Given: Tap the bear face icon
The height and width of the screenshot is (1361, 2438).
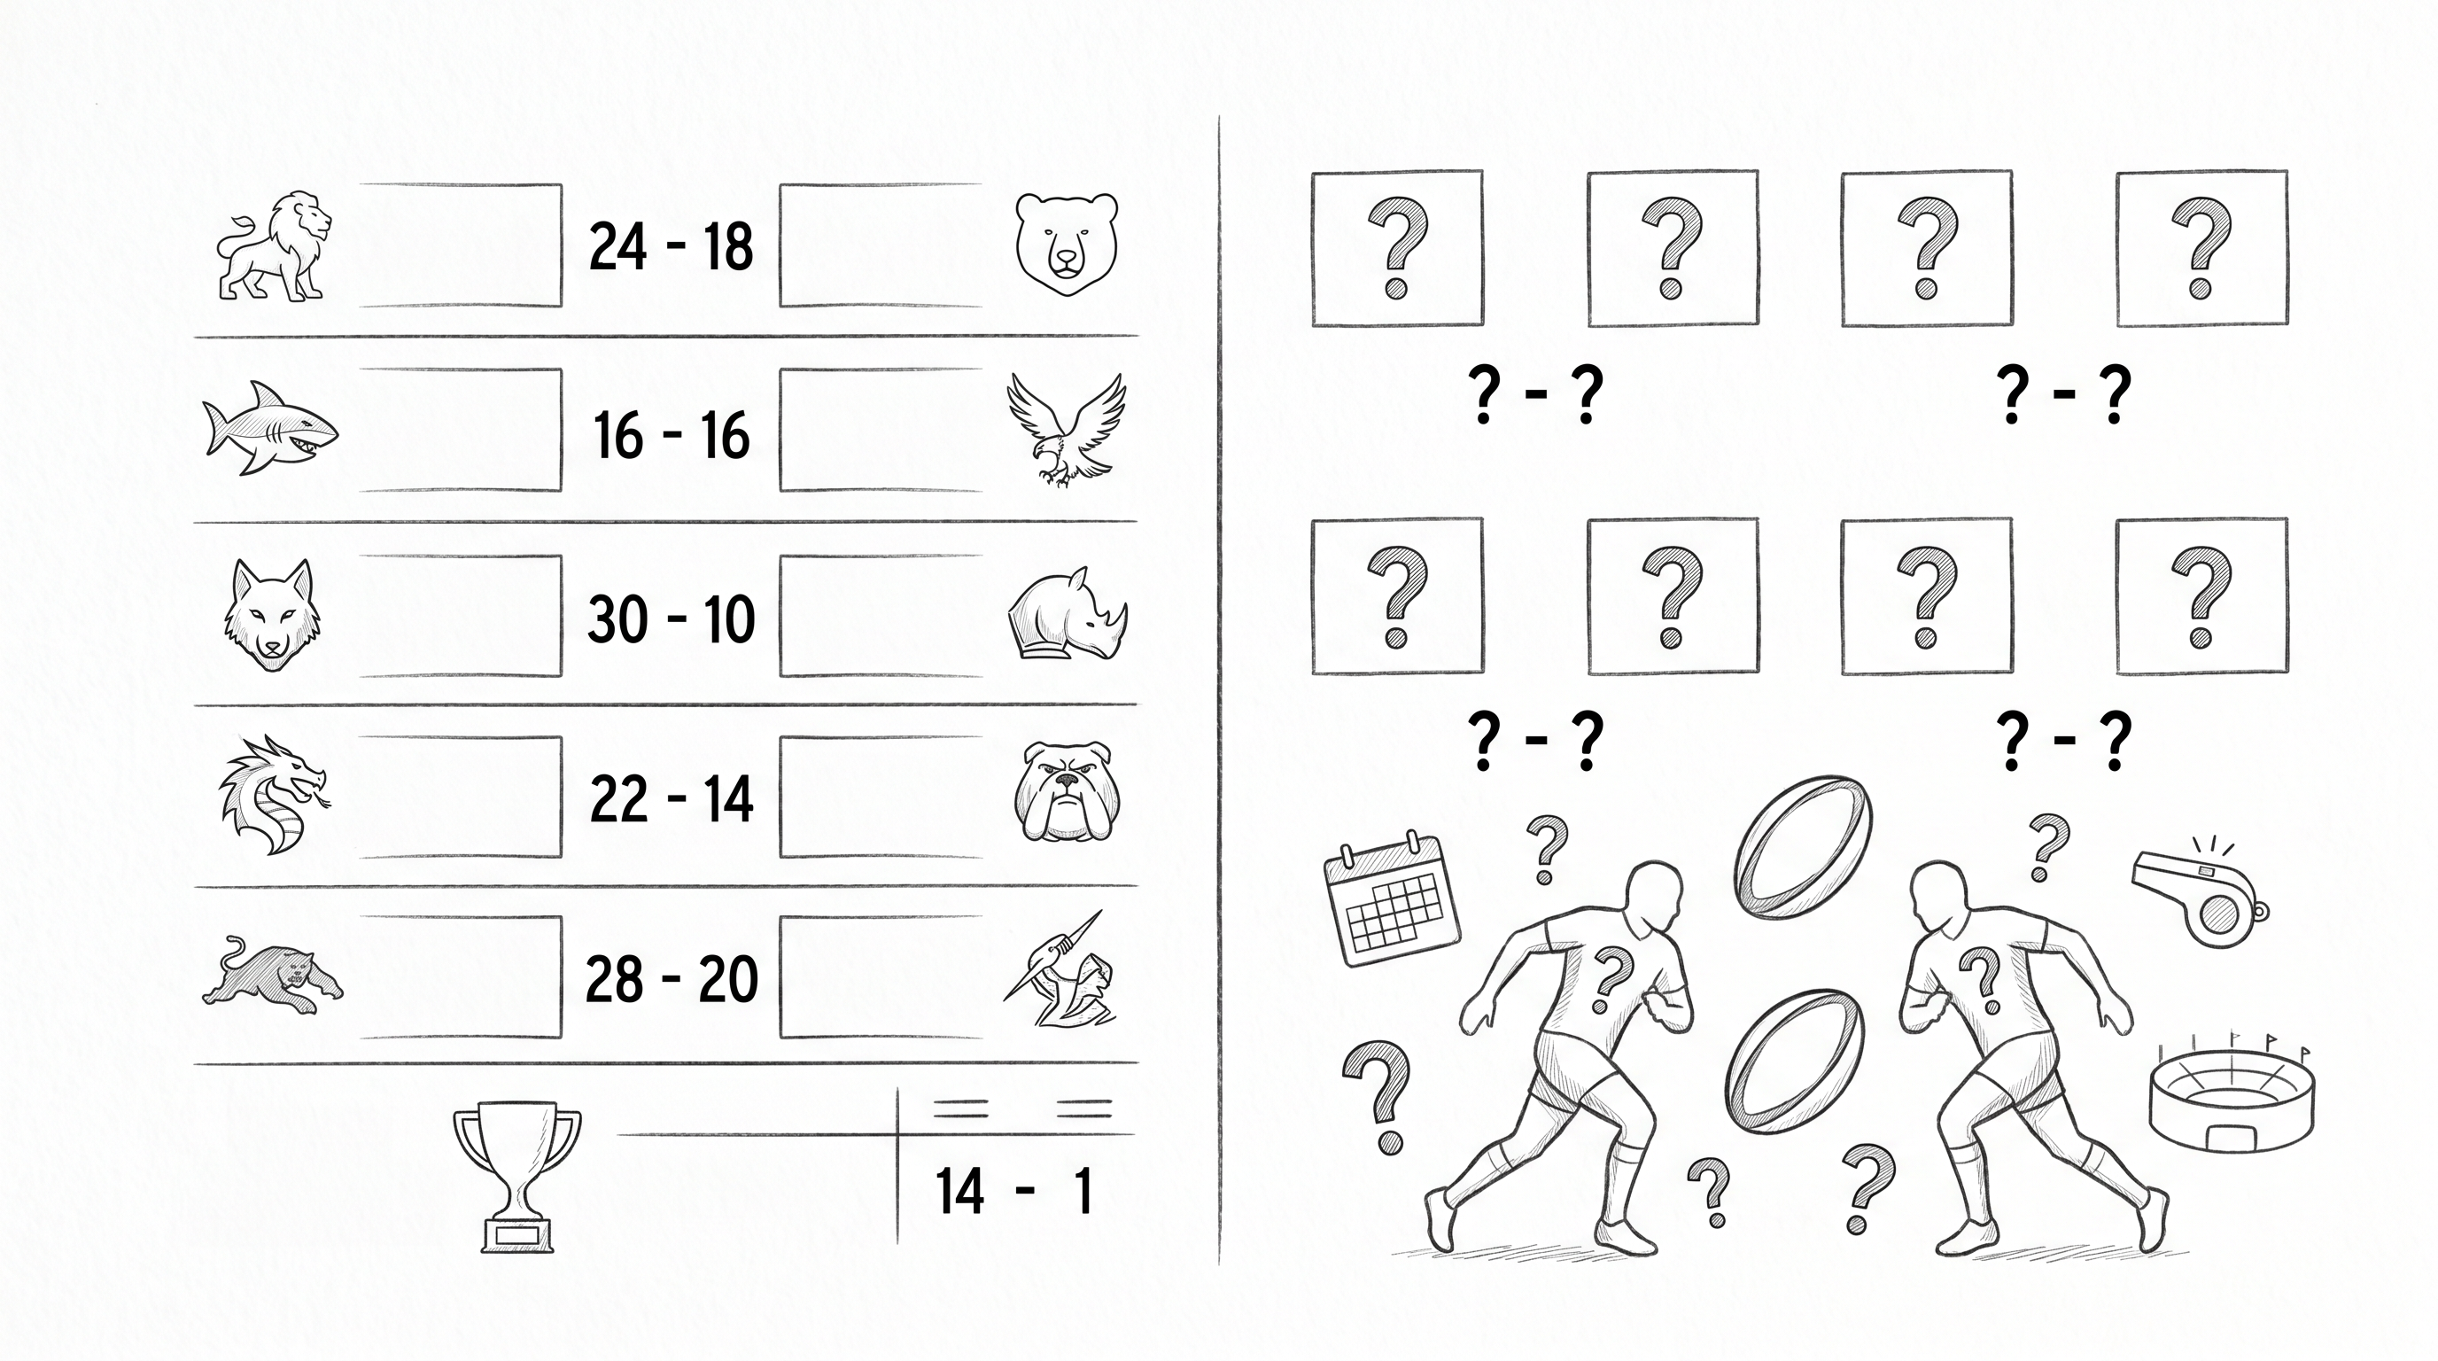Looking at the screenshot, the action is tap(1067, 245).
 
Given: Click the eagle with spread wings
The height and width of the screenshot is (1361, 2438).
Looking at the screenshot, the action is tap(1067, 430).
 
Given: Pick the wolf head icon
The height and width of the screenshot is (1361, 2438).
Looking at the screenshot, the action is tap(272, 615).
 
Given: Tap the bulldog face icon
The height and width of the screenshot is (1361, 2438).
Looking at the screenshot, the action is tap(1067, 793).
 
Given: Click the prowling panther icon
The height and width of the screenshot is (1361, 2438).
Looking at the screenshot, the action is tap(273, 975).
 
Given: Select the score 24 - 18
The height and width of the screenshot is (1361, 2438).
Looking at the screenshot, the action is tap(671, 246).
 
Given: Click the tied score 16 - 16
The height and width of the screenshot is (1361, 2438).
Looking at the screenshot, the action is tap(671, 434).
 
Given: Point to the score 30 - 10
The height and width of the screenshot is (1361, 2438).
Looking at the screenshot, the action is tap(671, 620).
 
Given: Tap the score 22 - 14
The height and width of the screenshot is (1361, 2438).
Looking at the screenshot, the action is tap(671, 799).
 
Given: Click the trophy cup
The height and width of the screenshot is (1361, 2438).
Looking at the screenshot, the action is tap(516, 1178).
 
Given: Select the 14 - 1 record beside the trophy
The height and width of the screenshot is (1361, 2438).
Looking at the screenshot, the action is tap(1013, 1191).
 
